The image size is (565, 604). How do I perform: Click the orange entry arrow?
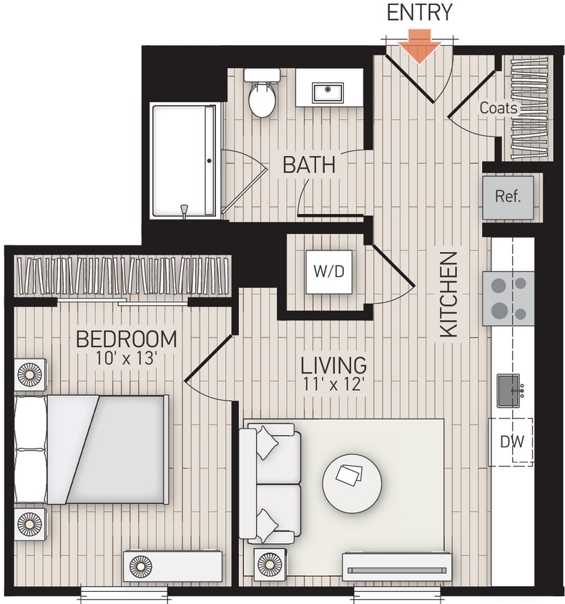click(419, 47)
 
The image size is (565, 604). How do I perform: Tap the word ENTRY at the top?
click(419, 13)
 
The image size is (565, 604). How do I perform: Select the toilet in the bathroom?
click(262, 95)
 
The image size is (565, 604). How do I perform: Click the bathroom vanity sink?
click(328, 92)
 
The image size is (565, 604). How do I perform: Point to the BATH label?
click(308, 165)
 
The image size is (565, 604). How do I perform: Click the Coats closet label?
click(498, 108)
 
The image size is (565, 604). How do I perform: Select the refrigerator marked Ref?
click(508, 197)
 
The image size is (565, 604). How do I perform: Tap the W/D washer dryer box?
click(329, 272)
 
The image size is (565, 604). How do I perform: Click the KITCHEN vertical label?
click(448, 294)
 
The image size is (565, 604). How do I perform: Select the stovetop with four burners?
click(508, 298)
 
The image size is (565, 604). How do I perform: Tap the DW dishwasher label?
click(511, 442)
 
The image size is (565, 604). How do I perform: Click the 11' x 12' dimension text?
click(333, 384)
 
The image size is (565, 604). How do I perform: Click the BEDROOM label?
click(126, 338)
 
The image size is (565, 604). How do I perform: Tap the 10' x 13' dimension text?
click(126, 357)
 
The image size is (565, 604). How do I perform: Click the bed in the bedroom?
click(93, 449)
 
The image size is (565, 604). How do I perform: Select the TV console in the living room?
click(396, 567)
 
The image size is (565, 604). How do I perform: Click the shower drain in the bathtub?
click(184, 209)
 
